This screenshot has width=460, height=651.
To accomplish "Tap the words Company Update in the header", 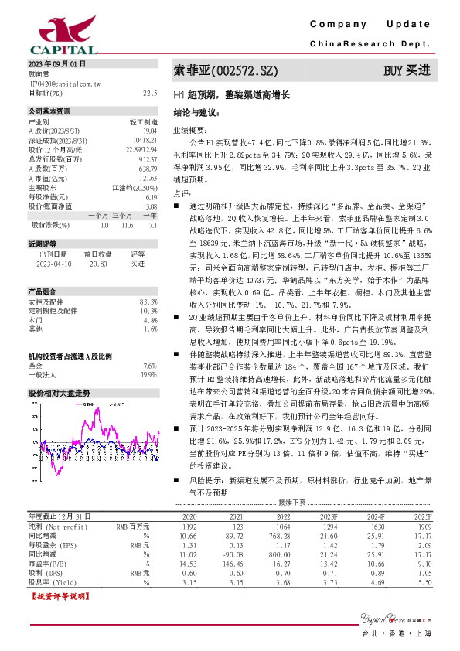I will coord(375,26).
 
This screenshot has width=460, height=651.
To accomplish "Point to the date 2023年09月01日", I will coord(57,63).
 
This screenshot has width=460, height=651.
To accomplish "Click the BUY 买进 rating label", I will coord(407,71).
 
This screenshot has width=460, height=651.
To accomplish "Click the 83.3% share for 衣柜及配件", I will coord(149,302).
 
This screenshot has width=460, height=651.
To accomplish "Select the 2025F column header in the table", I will coord(445,515).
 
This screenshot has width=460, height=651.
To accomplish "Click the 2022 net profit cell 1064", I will coord(283,525).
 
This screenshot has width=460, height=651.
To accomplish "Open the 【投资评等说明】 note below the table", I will coord(56,597).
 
